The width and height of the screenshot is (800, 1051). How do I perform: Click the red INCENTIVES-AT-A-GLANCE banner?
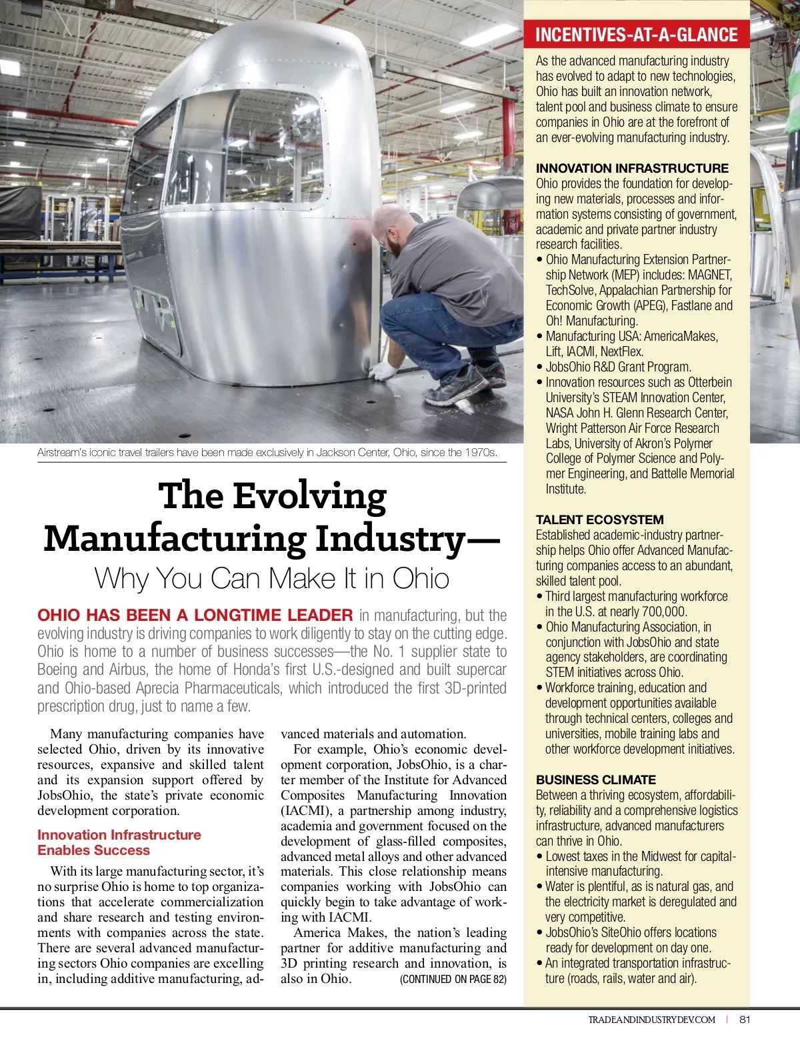click(x=636, y=35)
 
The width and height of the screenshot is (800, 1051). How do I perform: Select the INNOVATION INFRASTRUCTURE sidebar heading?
click(x=632, y=168)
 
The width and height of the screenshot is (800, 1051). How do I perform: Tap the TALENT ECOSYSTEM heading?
click(x=599, y=519)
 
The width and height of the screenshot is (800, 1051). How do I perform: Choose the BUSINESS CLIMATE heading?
click(x=595, y=780)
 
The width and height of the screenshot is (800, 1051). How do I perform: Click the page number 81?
click(x=745, y=1019)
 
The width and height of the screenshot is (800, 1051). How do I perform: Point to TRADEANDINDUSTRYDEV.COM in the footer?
click(x=651, y=1020)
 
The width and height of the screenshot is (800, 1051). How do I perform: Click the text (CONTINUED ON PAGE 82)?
click(x=453, y=979)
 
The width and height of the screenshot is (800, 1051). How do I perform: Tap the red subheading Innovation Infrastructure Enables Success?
click(x=119, y=842)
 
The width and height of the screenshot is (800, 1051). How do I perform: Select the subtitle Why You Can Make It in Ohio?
click(x=271, y=578)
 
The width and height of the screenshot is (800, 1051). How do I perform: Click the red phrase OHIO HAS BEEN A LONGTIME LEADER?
click(x=195, y=615)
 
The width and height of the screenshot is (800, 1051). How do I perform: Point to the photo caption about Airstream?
click(x=267, y=452)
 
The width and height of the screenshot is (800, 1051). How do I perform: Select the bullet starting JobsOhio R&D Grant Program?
click(x=618, y=367)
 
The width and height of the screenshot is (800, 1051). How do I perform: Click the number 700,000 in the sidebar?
click(x=664, y=612)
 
